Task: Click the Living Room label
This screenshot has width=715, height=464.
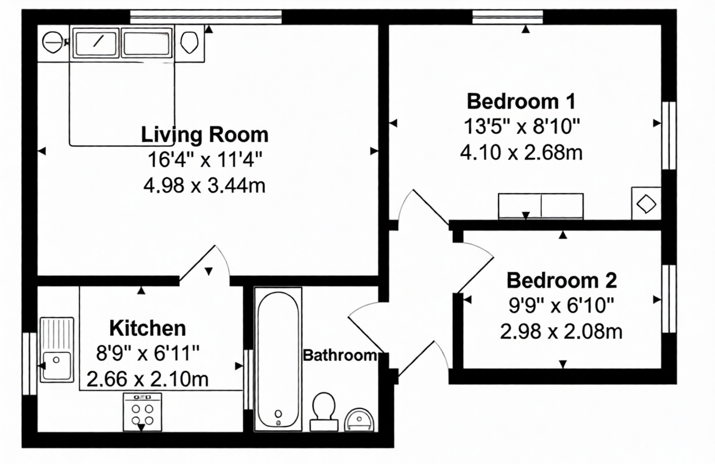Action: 204,134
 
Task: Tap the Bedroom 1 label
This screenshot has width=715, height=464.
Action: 521,101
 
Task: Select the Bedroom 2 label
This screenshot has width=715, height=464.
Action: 561,279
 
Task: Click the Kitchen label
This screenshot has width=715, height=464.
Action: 148,328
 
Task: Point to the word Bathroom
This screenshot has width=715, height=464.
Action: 340,356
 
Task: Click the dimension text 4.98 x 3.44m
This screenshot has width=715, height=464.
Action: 204,186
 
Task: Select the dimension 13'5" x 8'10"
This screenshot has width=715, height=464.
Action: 521,126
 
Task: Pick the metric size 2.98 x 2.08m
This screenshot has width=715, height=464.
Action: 561,331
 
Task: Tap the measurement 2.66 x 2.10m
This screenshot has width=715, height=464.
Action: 148,378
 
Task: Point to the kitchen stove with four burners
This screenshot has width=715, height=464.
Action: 142,411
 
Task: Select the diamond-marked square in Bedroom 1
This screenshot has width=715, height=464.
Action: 646,204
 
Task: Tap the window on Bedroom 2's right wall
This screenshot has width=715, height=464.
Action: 670,298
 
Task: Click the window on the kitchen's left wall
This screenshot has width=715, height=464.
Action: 27,363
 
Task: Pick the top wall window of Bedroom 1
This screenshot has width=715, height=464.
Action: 508,17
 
